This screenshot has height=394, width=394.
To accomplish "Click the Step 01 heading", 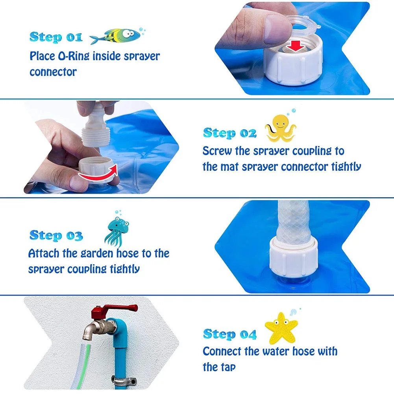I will point(55,37).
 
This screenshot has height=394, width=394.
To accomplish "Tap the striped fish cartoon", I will point(116,36).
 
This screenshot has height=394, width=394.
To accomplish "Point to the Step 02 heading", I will point(229,133).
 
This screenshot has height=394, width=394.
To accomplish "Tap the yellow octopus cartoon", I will point(281,128).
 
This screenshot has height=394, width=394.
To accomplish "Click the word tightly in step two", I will point(342,167).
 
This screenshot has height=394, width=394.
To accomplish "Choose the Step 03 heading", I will point(56,235).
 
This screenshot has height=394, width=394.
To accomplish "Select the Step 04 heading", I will point(229,335).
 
